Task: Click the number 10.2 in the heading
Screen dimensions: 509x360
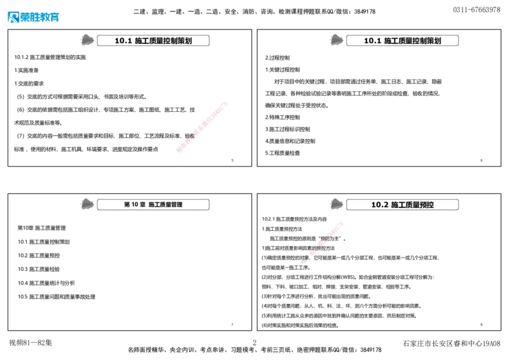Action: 380,205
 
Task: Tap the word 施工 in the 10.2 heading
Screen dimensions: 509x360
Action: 398,205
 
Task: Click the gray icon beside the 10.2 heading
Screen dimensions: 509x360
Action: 336,204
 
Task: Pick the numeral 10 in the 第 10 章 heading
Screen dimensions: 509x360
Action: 134,205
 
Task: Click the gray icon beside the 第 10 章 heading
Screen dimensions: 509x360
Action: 86,204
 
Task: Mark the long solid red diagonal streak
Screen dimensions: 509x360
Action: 201,127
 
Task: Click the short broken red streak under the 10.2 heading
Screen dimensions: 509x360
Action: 323,242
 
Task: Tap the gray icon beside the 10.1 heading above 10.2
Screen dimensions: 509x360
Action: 336,39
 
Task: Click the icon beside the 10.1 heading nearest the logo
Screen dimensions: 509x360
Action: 86,39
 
